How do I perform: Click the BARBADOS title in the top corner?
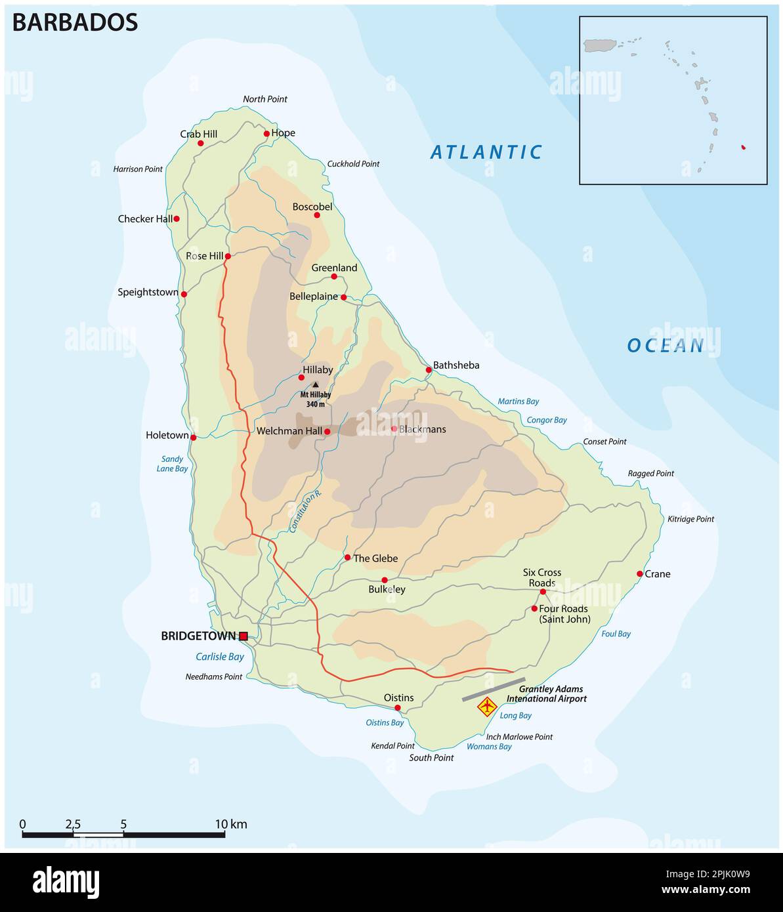(75, 22)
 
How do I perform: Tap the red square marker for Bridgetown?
(243, 636)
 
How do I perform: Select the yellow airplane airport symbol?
(486, 707)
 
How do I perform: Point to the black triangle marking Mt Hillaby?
(315, 385)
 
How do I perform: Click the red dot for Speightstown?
(184, 294)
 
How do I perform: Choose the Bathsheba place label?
(456, 365)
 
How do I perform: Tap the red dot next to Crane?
(640, 573)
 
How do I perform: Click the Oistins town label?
(398, 697)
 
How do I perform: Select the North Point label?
(265, 99)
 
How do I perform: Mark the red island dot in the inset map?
(743, 147)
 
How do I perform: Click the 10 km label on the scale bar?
(231, 824)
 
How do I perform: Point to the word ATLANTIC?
(486, 152)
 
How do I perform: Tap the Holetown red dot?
(193, 437)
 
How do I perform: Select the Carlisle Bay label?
(219, 656)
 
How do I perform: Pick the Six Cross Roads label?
(541, 577)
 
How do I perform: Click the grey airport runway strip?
(494, 690)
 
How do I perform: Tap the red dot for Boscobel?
(317, 215)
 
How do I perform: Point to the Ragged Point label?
(650, 473)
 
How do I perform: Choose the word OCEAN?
(665, 345)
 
